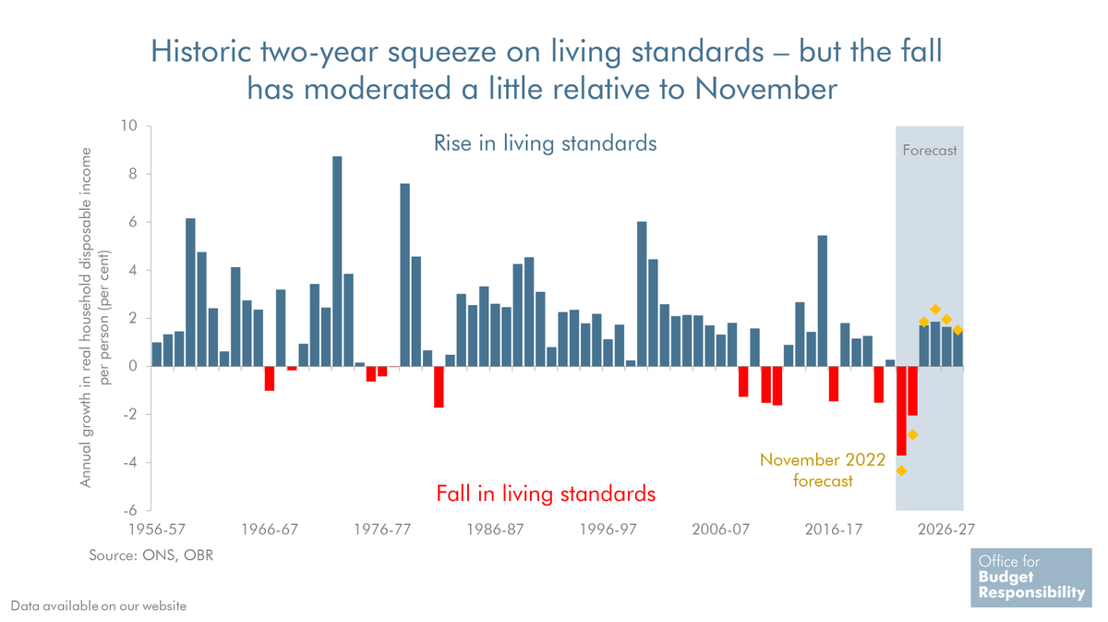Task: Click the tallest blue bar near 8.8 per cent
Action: coord(337,262)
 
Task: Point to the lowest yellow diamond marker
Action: coord(901,470)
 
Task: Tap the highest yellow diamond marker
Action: coord(935,310)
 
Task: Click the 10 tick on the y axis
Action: coord(129,127)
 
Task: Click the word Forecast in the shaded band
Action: coord(930,150)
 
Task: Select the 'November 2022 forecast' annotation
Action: coord(823,470)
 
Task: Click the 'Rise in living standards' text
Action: coord(546,144)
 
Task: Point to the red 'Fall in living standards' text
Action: coord(546,494)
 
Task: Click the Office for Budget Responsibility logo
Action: coord(1030,578)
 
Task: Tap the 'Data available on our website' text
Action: coord(99,606)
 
